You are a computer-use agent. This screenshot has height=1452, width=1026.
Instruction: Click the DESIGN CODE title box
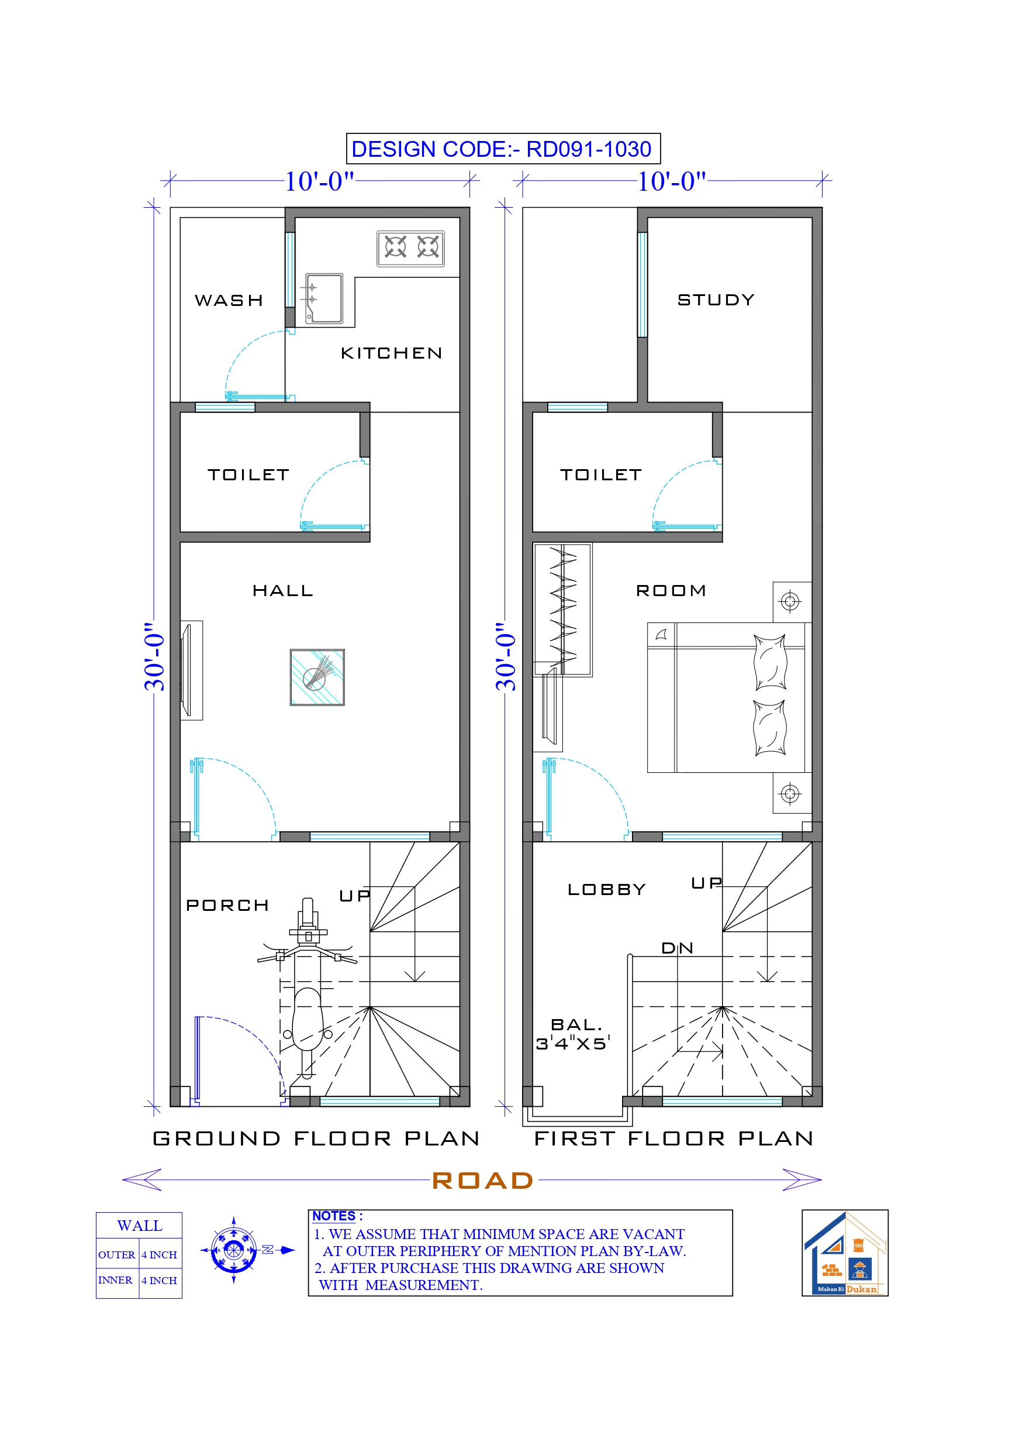(x=503, y=149)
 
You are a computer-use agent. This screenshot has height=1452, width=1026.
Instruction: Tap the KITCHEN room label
(x=391, y=353)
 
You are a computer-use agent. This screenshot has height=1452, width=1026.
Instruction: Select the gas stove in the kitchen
(x=411, y=248)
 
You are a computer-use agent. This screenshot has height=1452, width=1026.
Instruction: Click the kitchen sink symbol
(x=324, y=298)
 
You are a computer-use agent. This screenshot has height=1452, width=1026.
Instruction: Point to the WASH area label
(x=229, y=300)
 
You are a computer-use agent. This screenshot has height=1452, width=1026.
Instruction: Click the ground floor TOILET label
(x=248, y=474)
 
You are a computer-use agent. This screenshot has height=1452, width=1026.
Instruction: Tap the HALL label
(x=282, y=591)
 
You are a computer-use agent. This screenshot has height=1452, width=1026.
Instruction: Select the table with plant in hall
(x=317, y=677)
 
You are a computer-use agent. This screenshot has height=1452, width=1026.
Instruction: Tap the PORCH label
(x=227, y=906)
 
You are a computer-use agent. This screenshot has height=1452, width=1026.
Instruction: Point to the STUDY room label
(x=716, y=300)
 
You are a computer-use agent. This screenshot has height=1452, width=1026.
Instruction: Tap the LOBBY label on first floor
(x=606, y=890)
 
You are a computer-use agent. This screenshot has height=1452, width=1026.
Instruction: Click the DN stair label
(x=677, y=948)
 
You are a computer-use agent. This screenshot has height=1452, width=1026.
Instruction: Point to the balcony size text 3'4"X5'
(x=573, y=1044)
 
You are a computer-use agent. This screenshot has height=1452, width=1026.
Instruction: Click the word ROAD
(x=483, y=1180)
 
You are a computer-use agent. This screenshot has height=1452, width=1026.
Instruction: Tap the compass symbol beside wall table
(x=234, y=1250)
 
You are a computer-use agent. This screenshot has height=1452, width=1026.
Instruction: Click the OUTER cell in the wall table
(x=116, y=1255)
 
